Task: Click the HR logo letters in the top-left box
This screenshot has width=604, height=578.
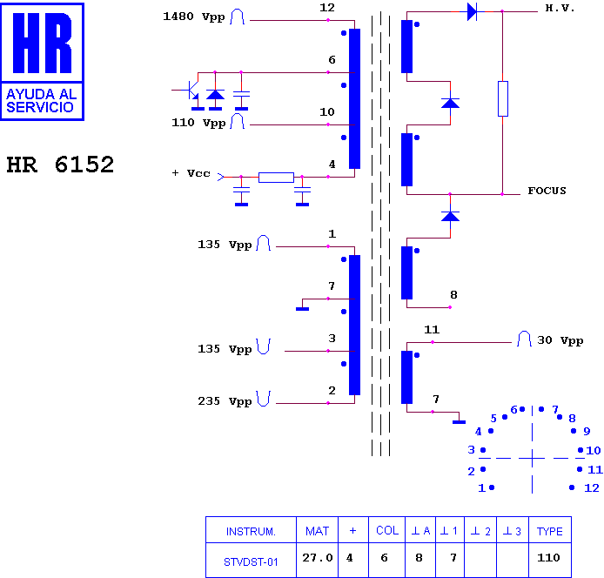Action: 43,43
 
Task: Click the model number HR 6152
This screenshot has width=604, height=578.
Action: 60,165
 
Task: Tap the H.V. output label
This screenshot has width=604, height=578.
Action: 560,8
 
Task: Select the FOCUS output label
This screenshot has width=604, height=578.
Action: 547,191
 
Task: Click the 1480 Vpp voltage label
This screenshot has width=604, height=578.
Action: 194,17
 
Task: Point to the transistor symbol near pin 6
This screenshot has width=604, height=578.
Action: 191,91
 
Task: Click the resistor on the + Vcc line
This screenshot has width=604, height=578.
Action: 276,178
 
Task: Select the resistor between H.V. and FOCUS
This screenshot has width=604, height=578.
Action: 503,98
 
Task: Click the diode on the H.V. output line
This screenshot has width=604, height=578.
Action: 472,11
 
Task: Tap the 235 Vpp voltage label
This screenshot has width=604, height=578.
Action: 225,401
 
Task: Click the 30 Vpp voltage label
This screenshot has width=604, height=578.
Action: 560,340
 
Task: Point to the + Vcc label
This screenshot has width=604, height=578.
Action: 191,173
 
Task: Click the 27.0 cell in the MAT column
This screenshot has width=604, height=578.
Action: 318,558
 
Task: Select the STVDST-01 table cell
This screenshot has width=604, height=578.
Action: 251,562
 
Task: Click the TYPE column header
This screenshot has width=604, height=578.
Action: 550,531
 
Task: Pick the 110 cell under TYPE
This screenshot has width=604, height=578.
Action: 548,558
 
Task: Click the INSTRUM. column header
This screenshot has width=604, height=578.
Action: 251,532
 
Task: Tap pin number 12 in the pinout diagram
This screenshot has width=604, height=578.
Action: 592,488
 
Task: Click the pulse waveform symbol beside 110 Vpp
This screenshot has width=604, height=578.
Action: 237,121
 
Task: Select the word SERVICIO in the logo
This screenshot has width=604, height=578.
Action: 40,107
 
